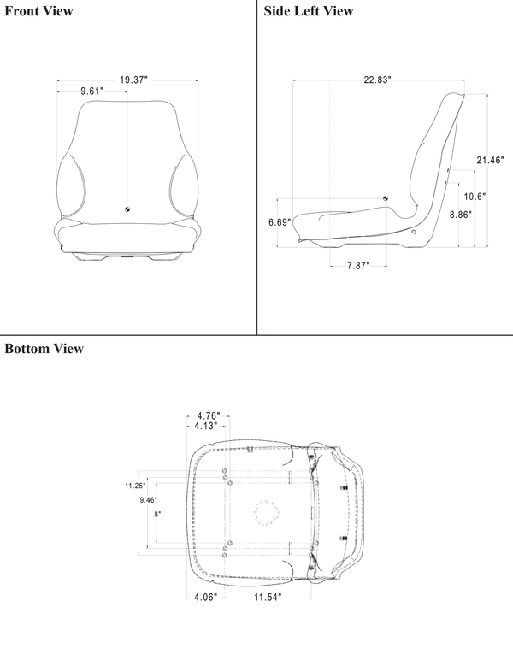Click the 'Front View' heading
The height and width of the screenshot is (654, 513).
[x=38, y=11]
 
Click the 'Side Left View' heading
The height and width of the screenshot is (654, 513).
[x=308, y=11]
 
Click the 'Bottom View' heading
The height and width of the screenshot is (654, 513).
[x=44, y=349]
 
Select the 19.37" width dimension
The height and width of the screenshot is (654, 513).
[x=133, y=80]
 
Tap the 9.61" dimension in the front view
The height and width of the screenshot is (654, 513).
[x=91, y=91]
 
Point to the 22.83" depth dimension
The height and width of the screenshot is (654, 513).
[x=376, y=80]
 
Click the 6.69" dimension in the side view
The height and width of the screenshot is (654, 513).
[x=280, y=222]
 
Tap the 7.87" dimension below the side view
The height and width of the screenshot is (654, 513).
[x=357, y=266]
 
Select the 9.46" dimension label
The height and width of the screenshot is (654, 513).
[x=149, y=500]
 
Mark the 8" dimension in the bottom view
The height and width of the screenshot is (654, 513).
[x=157, y=515]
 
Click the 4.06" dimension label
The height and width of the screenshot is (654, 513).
[x=204, y=596]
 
